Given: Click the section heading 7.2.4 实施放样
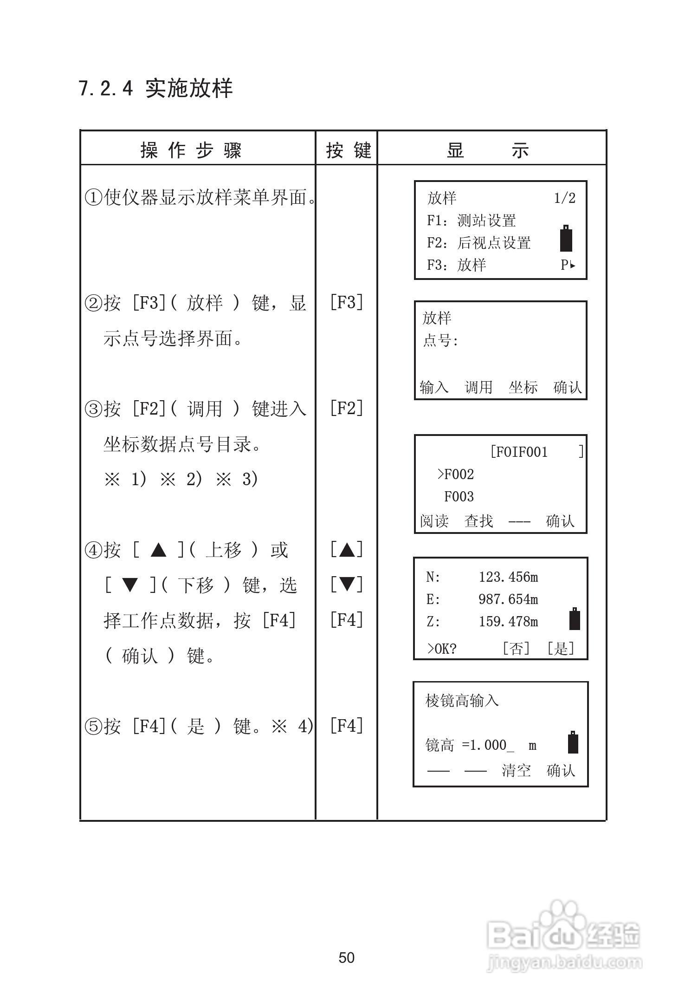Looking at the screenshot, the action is [x=155, y=88].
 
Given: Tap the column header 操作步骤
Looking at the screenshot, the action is [x=191, y=150].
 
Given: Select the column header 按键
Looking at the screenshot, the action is [x=348, y=150].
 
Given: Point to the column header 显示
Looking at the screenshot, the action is [x=487, y=150].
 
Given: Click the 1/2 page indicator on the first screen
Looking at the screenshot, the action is [x=564, y=199].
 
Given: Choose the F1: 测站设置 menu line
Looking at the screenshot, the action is [x=471, y=221].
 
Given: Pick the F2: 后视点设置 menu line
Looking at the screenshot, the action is [x=478, y=243].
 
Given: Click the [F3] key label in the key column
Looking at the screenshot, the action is [x=346, y=303].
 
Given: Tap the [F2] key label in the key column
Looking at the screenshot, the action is [x=346, y=409].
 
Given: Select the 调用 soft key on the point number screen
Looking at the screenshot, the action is [x=478, y=387].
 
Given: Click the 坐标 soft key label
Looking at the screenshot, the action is [x=523, y=387].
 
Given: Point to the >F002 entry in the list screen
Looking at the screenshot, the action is [x=455, y=474].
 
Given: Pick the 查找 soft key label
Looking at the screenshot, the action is [x=478, y=521].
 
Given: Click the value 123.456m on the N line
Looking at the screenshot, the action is [x=508, y=577].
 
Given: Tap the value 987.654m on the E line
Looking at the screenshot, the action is [x=508, y=599].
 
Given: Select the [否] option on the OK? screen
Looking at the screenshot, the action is [x=516, y=649].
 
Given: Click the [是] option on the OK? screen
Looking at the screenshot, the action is [x=561, y=649].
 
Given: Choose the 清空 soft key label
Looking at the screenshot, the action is [x=516, y=771].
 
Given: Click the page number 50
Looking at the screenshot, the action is [x=347, y=958].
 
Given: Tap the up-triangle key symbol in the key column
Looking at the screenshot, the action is [x=347, y=550].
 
